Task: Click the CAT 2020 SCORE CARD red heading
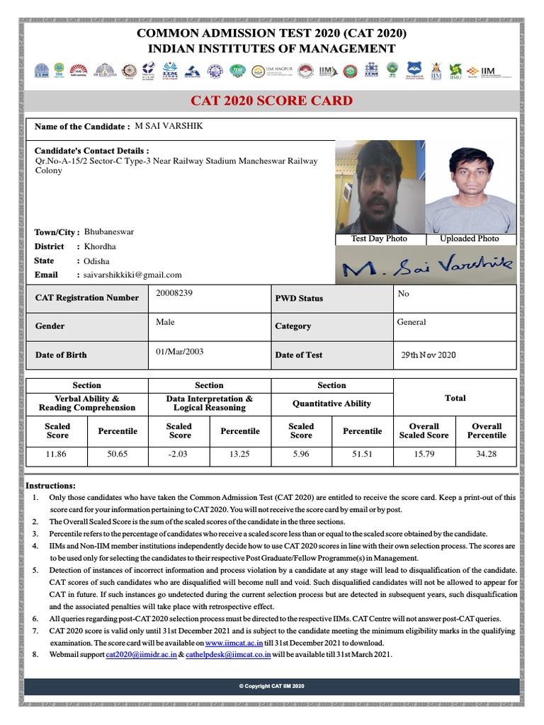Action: (x=272, y=101)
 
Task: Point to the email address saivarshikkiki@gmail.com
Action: (x=133, y=275)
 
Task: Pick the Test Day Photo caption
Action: (x=379, y=239)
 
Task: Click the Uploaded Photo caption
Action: (x=469, y=239)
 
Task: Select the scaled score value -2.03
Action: (x=178, y=454)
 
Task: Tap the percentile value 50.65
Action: (x=117, y=454)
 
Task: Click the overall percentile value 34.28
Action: (x=487, y=454)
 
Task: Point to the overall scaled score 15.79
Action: (x=424, y=454)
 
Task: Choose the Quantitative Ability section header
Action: (x=331, y=404)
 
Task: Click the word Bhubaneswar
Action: (x=108, y=232)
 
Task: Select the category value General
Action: (x=412, y=322)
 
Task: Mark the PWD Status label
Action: (x=298, y=299)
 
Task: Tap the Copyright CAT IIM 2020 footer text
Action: (x=271, y=687)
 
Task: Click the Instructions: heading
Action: (x=50, y=486)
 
